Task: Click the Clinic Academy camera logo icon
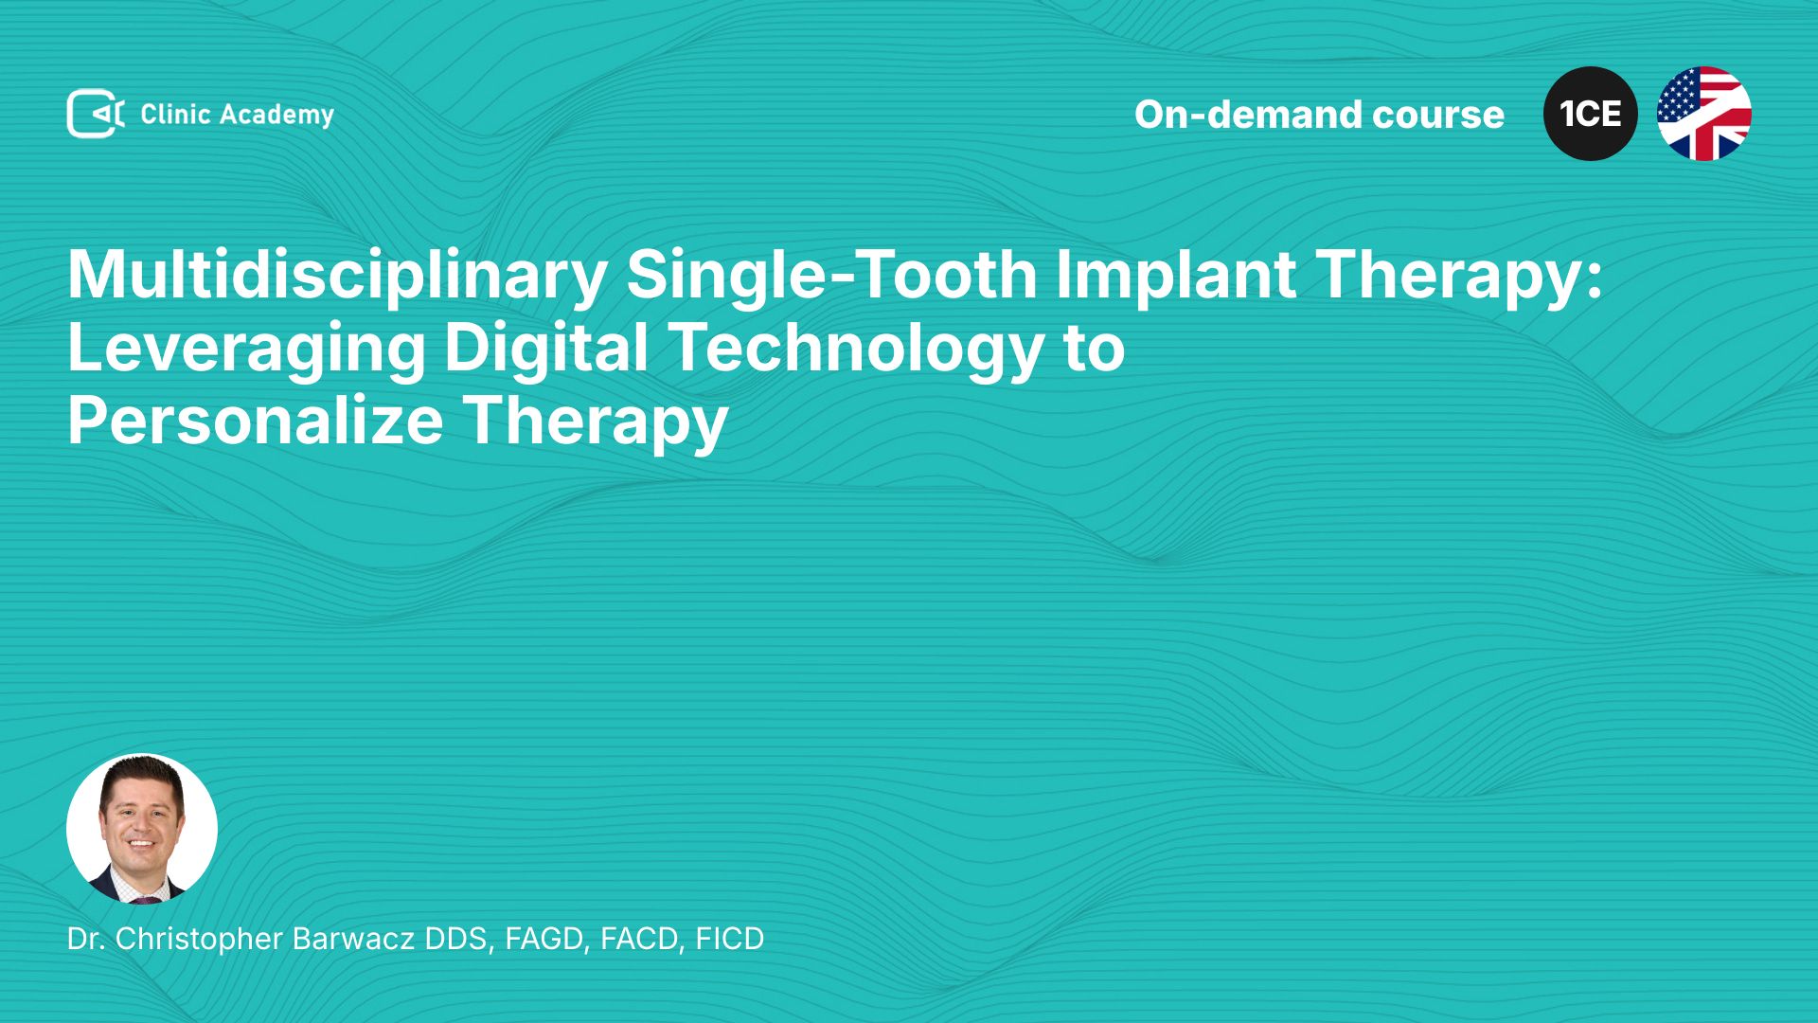point(96,114)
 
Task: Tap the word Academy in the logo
point(276,116)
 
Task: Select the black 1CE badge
point(1591,114)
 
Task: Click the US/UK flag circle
point(1704,114)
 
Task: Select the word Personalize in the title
point(256,421)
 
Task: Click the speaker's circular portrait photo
point(142,829)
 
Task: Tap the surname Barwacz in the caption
point(353,939)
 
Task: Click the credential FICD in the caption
point(730,939)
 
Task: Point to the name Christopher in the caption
point(199,940)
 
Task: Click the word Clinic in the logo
point(175,114)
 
